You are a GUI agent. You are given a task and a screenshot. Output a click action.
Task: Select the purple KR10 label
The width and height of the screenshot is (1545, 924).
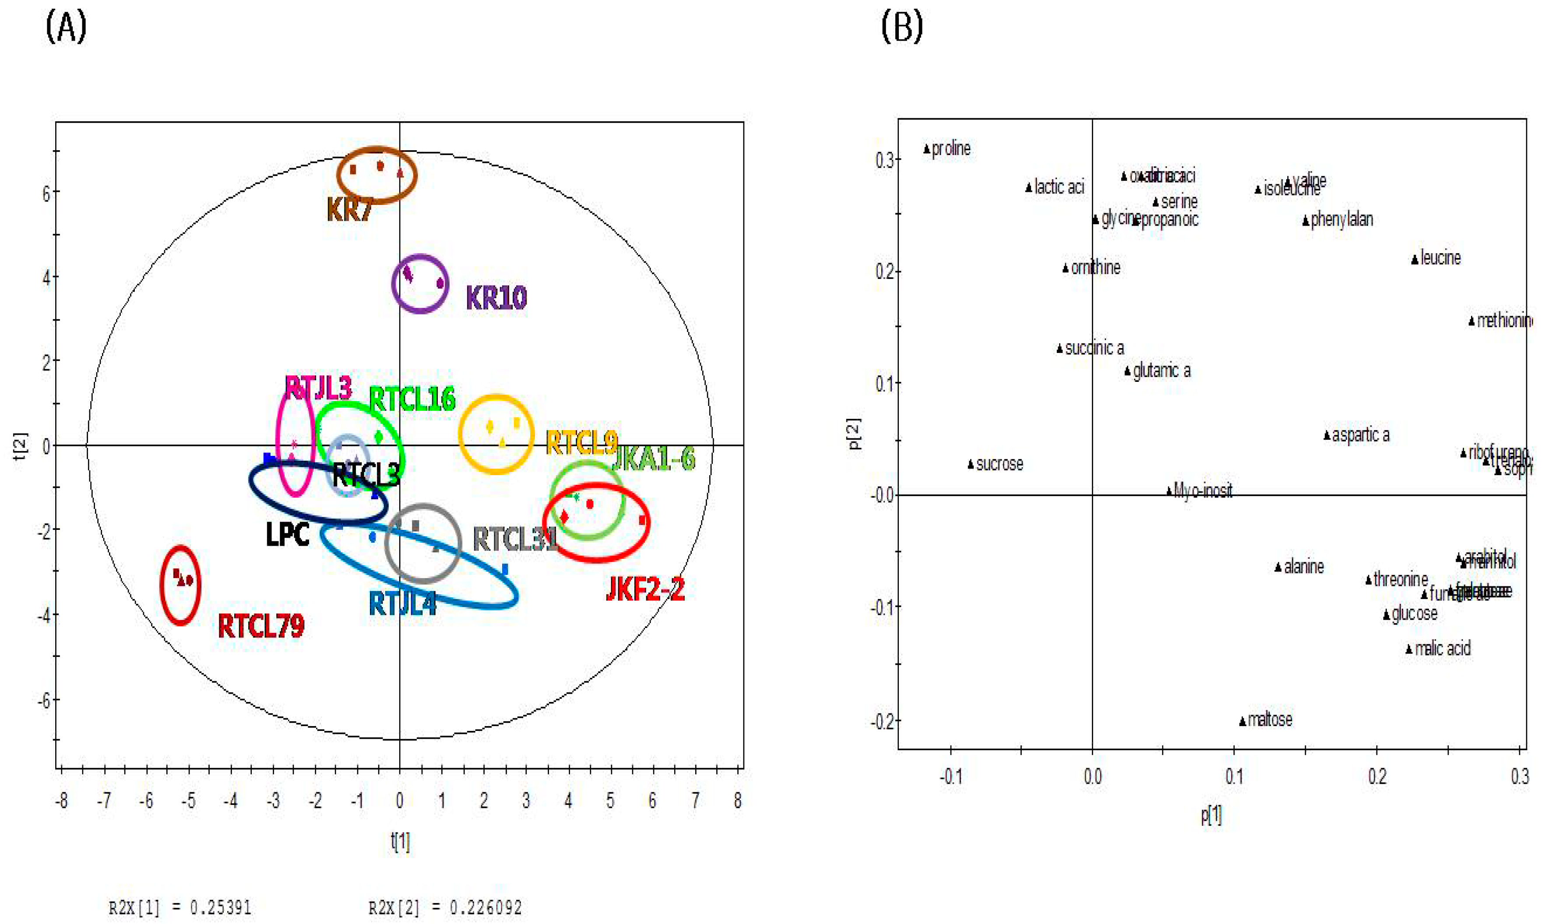[496, 298]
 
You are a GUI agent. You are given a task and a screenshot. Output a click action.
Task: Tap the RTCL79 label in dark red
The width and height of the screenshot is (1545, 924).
[261, 626]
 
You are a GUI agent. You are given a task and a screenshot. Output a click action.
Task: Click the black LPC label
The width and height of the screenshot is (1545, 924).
[287, 534]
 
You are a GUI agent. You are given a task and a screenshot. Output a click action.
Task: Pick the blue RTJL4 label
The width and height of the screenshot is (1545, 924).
[402, 604]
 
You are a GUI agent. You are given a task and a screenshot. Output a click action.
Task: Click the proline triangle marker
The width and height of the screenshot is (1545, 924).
[927, 149]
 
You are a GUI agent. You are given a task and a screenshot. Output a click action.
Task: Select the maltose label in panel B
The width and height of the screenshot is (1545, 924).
[1270, 720]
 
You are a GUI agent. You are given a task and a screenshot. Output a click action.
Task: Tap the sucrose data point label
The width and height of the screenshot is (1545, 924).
[999, 464]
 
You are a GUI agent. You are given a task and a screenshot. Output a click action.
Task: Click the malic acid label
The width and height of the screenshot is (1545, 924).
[1442, 649]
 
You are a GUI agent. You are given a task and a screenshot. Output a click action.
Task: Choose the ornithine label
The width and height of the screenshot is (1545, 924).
[1095, 268]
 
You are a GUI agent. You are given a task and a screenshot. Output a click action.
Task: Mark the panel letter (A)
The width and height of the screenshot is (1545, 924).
[66, 28]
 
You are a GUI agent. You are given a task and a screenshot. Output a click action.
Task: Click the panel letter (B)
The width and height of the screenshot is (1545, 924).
[901, 28]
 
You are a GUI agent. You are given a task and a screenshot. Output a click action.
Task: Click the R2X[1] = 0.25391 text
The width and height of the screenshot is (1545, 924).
[180, 908]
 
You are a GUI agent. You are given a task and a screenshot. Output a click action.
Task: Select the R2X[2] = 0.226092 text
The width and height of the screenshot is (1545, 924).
[445, 908]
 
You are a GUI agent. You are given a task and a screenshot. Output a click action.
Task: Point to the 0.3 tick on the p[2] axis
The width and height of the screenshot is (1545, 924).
[884, 160]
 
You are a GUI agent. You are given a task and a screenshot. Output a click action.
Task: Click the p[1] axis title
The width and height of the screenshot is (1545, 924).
[1211, 815]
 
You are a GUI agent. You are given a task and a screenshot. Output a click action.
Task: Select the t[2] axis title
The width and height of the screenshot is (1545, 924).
[21, 446]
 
